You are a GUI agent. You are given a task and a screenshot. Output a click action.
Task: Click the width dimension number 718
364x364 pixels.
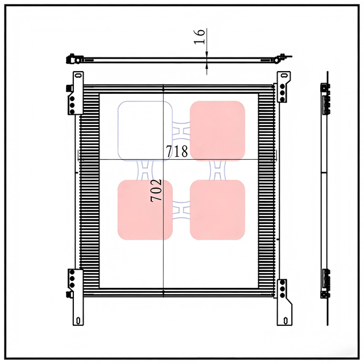pos(176,151)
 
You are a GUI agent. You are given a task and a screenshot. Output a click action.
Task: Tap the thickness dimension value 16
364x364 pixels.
pos(200,37)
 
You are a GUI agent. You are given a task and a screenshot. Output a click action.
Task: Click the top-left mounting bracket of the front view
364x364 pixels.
pos(76,94)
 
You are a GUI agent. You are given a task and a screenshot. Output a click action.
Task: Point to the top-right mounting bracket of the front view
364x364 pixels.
pos(283,91)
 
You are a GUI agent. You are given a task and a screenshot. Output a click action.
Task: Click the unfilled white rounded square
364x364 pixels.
pos(145,130)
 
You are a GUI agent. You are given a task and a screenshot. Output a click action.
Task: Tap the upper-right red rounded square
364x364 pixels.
pos(217,130)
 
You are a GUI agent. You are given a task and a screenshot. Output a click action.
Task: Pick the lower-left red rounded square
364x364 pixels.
pos(145,209)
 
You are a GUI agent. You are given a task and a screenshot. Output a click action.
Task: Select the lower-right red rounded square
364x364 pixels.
pos(217,209)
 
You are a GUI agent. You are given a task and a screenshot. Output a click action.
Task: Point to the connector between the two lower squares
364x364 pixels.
pos(181,209)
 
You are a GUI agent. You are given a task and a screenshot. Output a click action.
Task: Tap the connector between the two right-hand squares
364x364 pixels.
pos(217,169)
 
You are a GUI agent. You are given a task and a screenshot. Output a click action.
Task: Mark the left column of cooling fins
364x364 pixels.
pos(89,188)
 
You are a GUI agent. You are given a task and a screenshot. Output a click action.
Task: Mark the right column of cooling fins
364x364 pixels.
pos(266,188)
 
